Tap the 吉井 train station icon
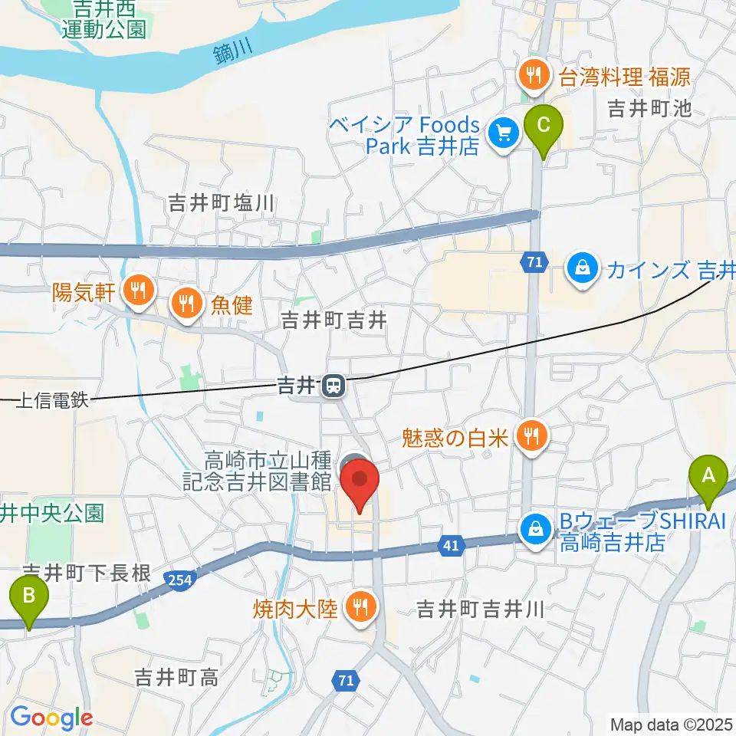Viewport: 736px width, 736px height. [333, 386]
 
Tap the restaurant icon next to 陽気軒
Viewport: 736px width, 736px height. [139, 291]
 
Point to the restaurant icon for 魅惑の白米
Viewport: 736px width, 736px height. [530, 437]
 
